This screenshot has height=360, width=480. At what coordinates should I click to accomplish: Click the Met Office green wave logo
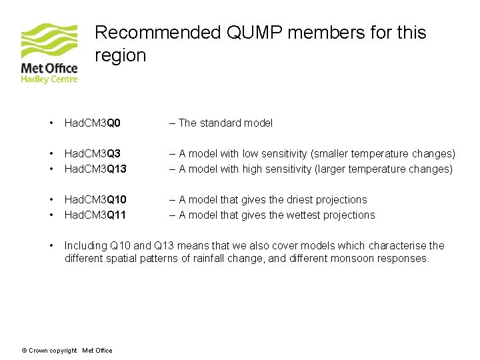pyautogui.click(x=49, y=41)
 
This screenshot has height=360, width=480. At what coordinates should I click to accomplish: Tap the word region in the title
pyautogui.click(x=121, y=55)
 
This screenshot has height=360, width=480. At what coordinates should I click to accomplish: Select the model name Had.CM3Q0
pyautogui.click(x=92, y=123)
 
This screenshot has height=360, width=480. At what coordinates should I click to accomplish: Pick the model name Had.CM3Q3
pyautogui.click(x=92, y=154)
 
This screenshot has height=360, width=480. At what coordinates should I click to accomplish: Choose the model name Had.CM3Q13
pyautogui.click(x=95, y=169)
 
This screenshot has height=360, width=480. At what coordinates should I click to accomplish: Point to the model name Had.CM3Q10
pyautogui.click(x=95, y=199)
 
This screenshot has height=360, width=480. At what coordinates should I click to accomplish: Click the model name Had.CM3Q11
pyautogui.click(x=95, y=215)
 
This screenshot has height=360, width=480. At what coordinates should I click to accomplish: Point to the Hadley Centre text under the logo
pyautogui.click(x=49, y=79)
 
